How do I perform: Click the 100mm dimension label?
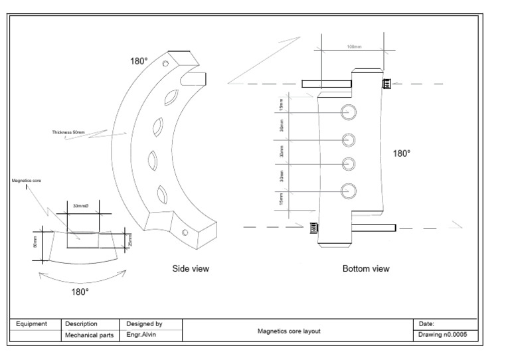[x=354, y=46]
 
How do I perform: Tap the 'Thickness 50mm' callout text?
[x=68, y=132]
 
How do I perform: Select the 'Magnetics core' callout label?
[x=27, y=180]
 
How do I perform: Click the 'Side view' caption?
[x=191, y=268]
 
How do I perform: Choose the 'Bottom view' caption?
[x=366, y=269]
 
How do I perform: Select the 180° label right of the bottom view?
[x=402, y=153]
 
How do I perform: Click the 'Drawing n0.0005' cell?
[x=444, y=335]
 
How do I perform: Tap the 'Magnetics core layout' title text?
[x=289, y=331]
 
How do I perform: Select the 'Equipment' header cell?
[x=32, y=323]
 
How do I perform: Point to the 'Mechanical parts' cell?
[x=90, y=335]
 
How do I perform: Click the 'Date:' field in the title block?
[x=426, y=323]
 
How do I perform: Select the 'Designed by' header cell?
[x=144, y=323]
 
